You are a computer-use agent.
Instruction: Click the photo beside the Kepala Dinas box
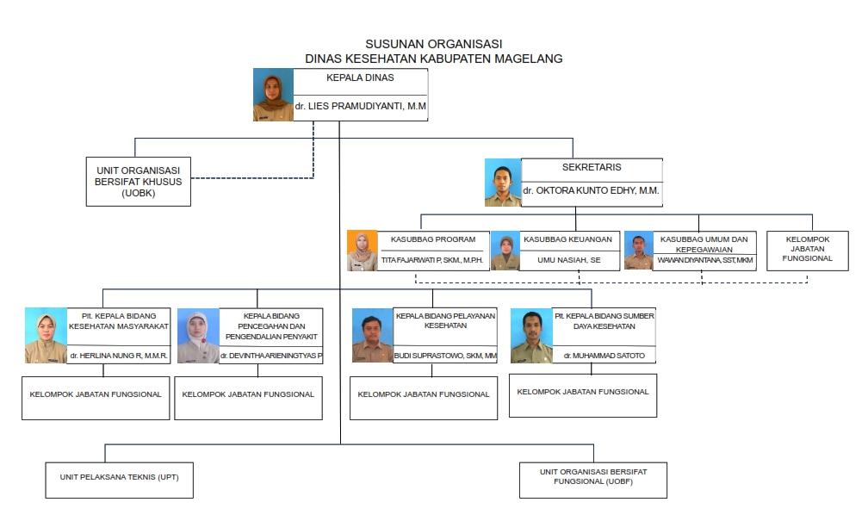point(274,95)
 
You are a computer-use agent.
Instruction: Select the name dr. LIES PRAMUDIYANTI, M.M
point(360,106)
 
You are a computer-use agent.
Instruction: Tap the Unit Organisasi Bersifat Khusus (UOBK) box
point(139,182)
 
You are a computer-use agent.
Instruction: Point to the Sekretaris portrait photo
point(503,183)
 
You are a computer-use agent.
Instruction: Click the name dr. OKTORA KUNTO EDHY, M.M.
point(592,190)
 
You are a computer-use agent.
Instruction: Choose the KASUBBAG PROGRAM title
point(433,239)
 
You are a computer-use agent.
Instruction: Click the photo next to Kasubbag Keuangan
point(505,251)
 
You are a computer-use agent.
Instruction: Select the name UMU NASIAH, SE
point(569,260)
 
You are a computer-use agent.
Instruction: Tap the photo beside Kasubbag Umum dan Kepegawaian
point(639,251)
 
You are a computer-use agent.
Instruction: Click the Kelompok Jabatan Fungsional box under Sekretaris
point(808,251)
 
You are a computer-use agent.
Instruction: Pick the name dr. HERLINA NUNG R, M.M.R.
point(119,356)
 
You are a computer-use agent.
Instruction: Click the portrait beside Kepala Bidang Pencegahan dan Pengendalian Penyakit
point(198,336)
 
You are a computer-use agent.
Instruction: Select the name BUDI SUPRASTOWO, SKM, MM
point(445,356)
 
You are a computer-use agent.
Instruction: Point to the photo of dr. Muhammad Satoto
point(531,336)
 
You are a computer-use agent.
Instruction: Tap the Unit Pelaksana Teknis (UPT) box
point(120,480)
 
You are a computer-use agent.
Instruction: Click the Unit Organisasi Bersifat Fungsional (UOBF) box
point(593,480)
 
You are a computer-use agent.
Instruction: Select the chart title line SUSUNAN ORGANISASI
point(434,44)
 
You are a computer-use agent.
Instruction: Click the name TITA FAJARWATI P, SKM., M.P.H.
point(432,260)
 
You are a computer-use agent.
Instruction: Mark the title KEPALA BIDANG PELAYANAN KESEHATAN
point(446,320)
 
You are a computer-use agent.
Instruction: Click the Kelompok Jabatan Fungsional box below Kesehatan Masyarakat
point(96,398)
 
